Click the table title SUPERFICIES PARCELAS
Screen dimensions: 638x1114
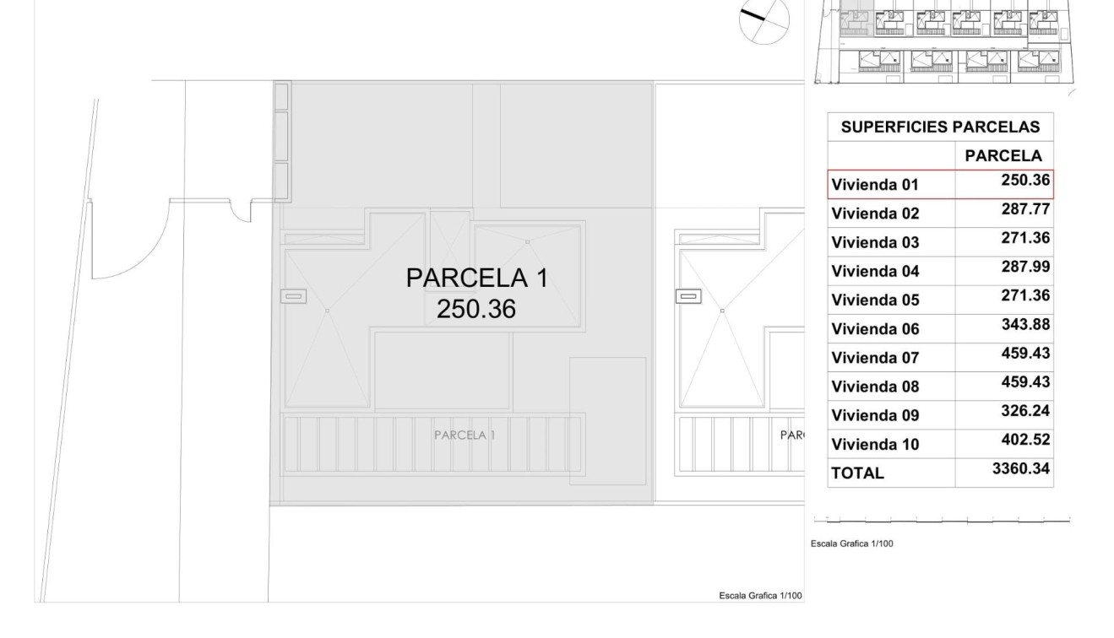click(x=940, y=127)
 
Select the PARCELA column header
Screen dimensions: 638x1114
click(x=1003, y=155)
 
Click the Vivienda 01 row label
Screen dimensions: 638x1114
click(x=874, y=185)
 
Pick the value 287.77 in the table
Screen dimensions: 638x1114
click(x=1025, y=209)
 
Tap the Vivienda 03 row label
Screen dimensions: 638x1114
click(x=874, y=243)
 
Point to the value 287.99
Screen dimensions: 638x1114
click(x=1025, y=267)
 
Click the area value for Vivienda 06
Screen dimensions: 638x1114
click(x=1025, y=324)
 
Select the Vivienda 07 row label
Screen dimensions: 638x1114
click(x=874, y=358)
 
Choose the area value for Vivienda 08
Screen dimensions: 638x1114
click(x=1025, y=382)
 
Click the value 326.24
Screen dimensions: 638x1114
click(x=1025, y=411)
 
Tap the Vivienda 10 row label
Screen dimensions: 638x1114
click(x=874, y=445)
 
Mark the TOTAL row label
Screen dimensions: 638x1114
click(x=857, y=473)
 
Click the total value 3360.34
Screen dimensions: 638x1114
click(x=1022, y=468)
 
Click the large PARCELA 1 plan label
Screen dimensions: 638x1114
click(x=476, y=278)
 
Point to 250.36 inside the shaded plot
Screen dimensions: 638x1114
click(x=475, y=309)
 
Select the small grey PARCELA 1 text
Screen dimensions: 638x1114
click(x=465, y=435)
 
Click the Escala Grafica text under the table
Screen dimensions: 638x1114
click(x=851, y=543)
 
